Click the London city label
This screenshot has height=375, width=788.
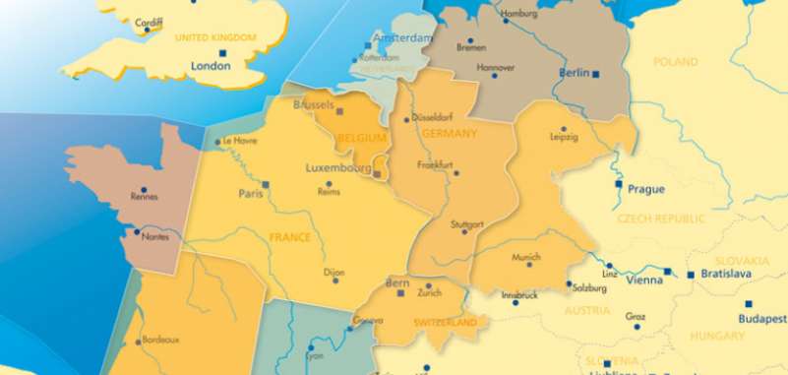(210, 66)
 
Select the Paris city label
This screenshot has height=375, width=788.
(250, 194)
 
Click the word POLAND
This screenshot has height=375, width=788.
(674, 61)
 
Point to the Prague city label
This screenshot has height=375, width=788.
(646, 188)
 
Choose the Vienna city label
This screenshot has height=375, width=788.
(644, 280)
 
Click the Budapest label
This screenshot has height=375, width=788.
(762, 319)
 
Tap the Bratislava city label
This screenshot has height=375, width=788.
(725, 274)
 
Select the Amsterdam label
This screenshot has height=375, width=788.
(401, 38)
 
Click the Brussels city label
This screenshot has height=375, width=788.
(314, 104)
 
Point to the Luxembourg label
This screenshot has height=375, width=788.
(339, 167)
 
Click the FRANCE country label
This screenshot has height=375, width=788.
(289, 237)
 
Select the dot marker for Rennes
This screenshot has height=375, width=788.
(144, 190)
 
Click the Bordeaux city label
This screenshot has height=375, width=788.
(160, 340)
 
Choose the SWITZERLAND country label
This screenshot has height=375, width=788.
(446, 322)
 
